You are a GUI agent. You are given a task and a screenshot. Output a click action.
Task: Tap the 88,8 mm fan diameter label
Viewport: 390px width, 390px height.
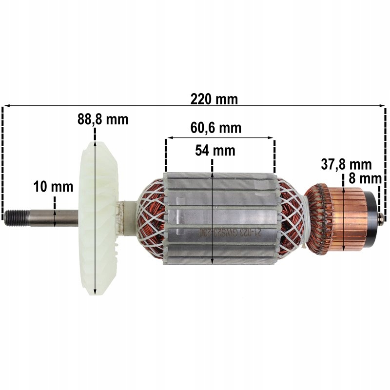coord(103,119)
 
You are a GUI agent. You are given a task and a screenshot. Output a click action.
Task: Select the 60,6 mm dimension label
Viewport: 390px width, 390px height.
coord(215,128)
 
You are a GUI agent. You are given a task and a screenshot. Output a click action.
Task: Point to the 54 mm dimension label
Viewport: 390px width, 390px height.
coord(215,151)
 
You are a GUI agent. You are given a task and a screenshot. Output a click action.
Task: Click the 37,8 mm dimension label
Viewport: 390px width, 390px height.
coord(346,164)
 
